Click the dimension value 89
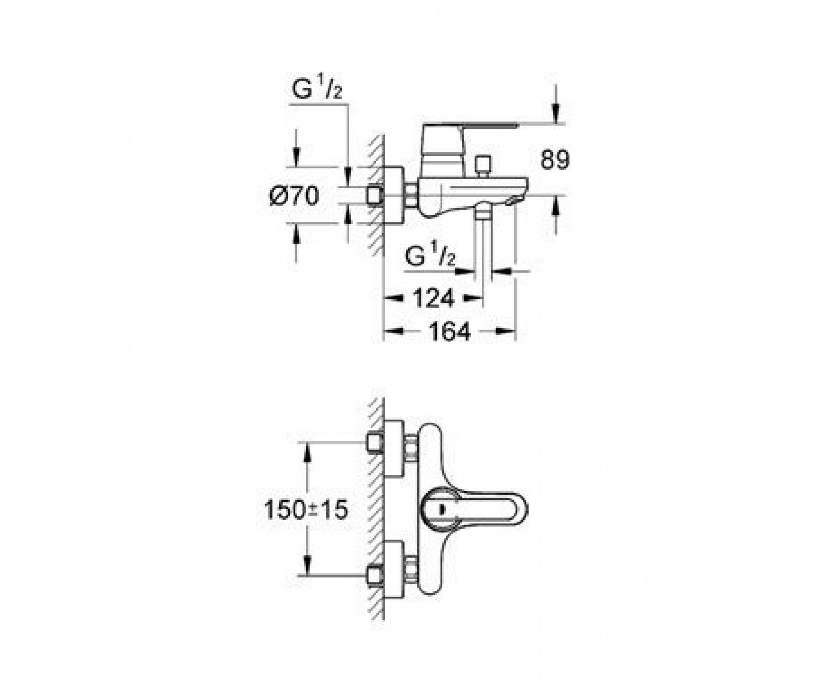click(555, 160)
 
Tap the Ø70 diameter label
click(294, 195)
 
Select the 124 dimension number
click(433, 298)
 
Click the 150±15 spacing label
click(306, 510)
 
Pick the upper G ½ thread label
click(317, 90)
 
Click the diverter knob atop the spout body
click(483, 166)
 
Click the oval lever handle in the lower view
click(474, 509)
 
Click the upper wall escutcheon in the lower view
click(394, 448)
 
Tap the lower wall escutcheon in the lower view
click(394, 569)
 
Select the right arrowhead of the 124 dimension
click(473, 298)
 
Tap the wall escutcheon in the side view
click(394, 195)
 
